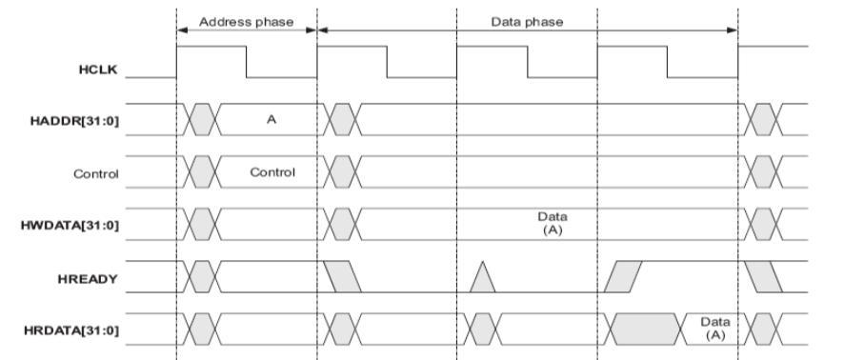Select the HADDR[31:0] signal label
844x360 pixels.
[77, 121]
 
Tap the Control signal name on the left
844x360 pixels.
[98, 174]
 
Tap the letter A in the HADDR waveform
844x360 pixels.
[271, 121]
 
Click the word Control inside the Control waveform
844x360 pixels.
[271, 173]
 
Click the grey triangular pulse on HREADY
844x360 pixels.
[483, 277]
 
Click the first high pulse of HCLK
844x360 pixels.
[211, 62]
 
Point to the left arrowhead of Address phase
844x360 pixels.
[182, 30]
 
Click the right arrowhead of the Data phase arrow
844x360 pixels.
[733, 30]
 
